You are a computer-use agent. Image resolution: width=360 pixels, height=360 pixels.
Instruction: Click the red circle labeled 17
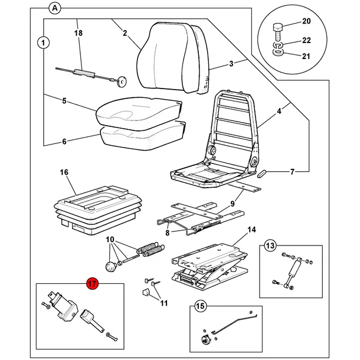tap(92, 284)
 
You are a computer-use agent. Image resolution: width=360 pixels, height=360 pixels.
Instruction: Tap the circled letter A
tap(55, 8)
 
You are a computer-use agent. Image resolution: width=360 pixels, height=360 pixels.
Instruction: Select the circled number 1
tap(44, 42)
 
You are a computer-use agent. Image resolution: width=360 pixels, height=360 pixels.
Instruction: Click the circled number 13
tap(270, 246)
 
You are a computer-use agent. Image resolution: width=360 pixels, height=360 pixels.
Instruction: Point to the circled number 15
tap(201, 306)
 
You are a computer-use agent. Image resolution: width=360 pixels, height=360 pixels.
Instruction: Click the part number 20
tap(306, 21)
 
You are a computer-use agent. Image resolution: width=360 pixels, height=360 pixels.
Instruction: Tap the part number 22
tap(306, 40)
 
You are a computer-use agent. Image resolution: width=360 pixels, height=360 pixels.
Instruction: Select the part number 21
tap(306, 56)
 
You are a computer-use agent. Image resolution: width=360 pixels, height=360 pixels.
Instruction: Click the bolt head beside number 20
tap(278, 28)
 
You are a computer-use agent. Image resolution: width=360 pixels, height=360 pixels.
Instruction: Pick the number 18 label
tap(78, 33)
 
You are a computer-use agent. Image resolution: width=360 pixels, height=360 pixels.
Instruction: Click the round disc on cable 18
tap(121, 82)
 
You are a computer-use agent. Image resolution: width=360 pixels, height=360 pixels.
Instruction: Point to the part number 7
tap(292, 172)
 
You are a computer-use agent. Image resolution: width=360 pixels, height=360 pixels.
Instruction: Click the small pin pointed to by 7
tap(262, 174)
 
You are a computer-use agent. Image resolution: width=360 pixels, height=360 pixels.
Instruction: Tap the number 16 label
tap(64, 172)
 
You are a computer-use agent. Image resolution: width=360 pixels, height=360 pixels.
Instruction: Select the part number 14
tap(251, 230)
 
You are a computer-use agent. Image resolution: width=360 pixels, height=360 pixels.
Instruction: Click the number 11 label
tap(164, 303)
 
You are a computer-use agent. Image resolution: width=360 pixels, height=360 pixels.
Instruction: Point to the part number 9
tap(233, 204)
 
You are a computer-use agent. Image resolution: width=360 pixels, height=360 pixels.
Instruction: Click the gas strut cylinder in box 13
tap(294, 268)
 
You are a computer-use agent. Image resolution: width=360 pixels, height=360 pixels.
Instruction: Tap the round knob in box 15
tap(204, 339)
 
